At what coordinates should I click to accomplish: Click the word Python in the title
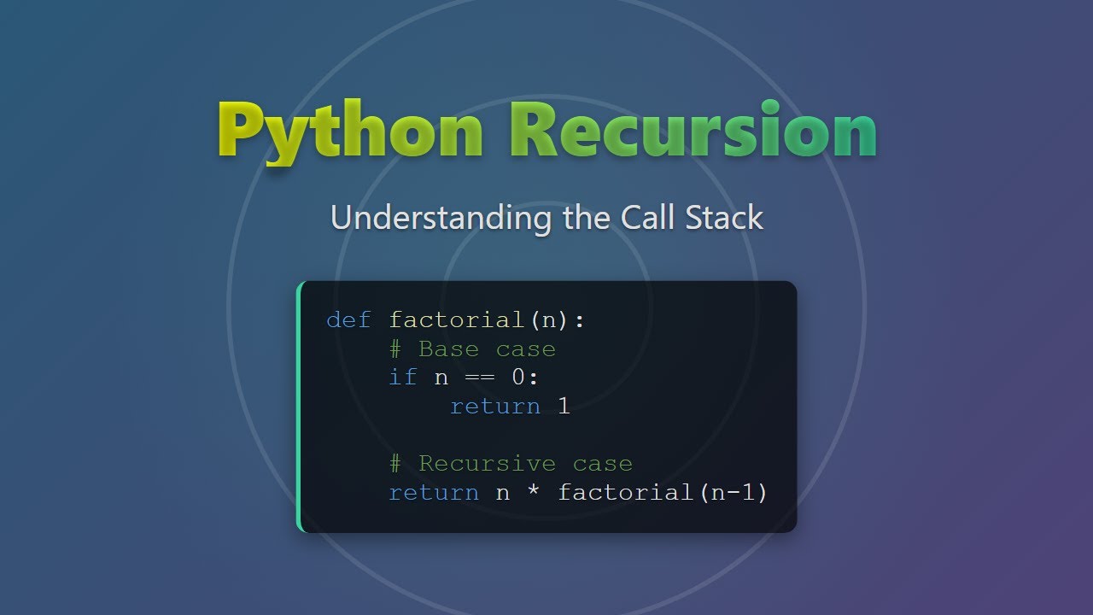pos(350,131)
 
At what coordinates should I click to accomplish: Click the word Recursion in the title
pos(693,131)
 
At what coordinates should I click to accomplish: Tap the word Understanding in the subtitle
pos(441,218)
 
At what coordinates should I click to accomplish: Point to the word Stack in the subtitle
pos(724,218)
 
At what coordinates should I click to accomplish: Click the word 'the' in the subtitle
pos(586,218)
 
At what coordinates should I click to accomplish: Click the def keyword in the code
pos(348,320)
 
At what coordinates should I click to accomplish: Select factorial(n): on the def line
pos(487,320)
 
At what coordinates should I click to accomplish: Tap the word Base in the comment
pos(448,349)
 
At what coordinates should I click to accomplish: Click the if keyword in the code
pos(403,378)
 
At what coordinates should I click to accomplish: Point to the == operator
pos(480,378)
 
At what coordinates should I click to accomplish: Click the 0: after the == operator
pos(525,378)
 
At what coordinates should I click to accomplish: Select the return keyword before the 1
pos(495,407)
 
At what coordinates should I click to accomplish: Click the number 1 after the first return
pos(564,407)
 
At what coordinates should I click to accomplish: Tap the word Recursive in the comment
pos(487,464)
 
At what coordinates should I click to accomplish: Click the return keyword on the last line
pos(433,493)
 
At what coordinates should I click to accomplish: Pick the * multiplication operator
pos(533,493)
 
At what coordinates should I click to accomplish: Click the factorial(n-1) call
pos(663,493)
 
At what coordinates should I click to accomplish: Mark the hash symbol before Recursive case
pos(395,464)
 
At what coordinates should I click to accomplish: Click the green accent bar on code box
pos(300,407)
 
